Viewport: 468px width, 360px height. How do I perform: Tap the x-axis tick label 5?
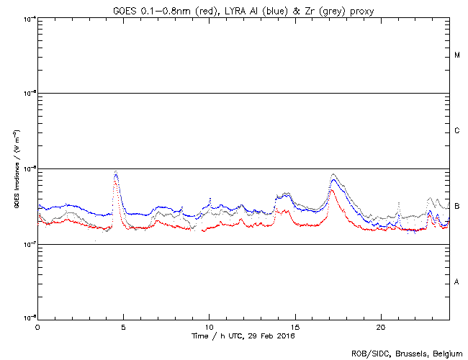(123, 327)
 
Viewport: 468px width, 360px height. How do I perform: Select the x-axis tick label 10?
(209, 327)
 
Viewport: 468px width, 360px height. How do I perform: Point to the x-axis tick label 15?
(295, 327)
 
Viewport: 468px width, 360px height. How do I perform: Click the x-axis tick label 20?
(381, 327)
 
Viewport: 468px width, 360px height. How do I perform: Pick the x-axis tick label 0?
(37, 327)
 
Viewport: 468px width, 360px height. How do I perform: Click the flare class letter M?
(457, 55)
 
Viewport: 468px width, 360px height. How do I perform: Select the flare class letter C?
(457, 131)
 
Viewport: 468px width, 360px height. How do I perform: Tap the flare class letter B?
(457, 207)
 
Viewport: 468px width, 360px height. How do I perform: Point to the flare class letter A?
(457, 282)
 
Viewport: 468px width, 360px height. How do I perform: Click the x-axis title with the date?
(243, 336)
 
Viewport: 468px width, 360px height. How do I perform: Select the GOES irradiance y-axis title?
(15, 169)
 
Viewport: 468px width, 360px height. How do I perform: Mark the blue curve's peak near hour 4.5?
(117, 173)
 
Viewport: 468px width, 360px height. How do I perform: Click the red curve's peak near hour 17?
(330, 191)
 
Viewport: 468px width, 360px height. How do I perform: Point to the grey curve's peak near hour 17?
(333, 174)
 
